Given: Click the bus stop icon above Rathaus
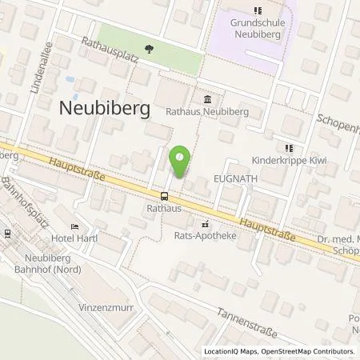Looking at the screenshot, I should coord(165,196).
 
